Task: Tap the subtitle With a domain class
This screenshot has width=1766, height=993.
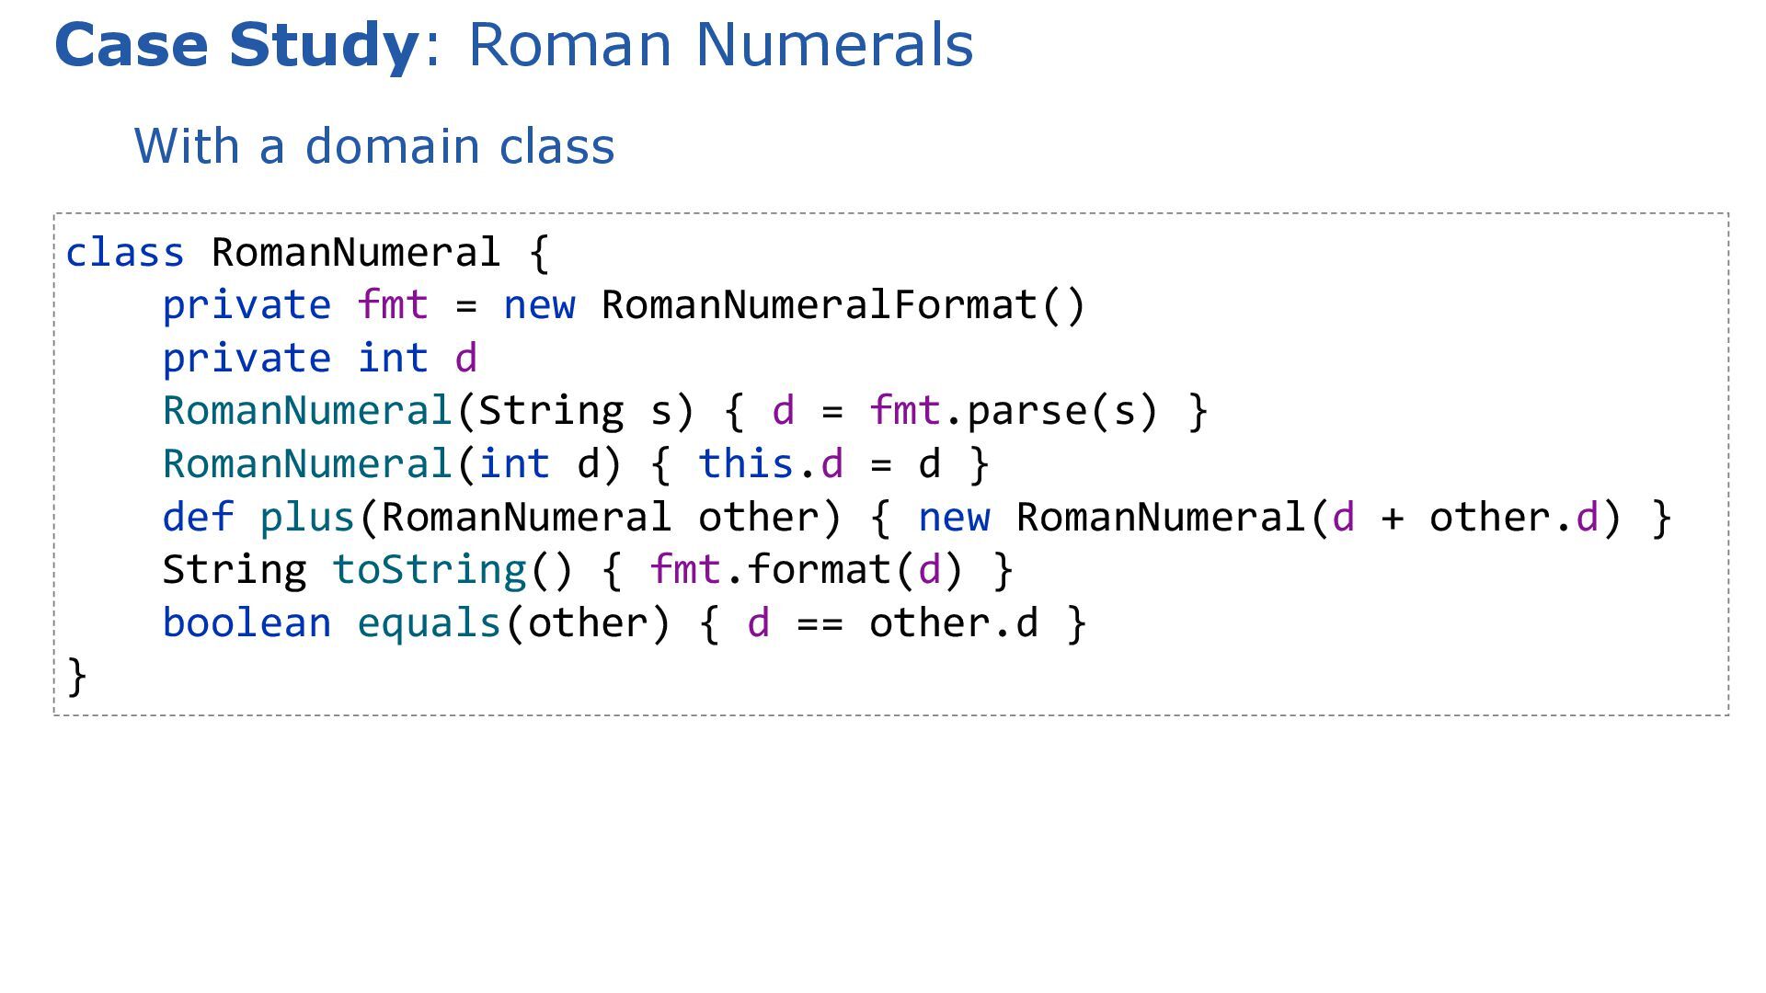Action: coord(374,146)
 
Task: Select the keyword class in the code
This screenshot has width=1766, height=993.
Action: coord(125,252)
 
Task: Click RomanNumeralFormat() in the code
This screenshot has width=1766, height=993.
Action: coord(843,304)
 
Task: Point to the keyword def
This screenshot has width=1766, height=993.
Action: coord(198,517)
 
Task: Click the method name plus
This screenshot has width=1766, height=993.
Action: coord(307,517)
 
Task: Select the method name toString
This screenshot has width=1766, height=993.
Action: coord(429,570)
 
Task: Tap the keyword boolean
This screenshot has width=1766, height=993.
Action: coord(247,622)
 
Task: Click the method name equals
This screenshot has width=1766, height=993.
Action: coord(429,622)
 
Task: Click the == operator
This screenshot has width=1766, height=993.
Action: coord(820,623)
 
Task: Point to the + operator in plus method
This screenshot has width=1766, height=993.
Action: coord(1392,518)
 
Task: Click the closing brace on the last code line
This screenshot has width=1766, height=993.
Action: coord(77,677)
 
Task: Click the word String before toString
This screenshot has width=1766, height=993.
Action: coord(235,570)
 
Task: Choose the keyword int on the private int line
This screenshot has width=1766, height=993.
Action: coord(393,358)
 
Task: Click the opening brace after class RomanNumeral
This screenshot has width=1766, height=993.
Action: coord(539,253)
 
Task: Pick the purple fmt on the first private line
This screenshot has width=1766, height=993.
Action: coord(393,304)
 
